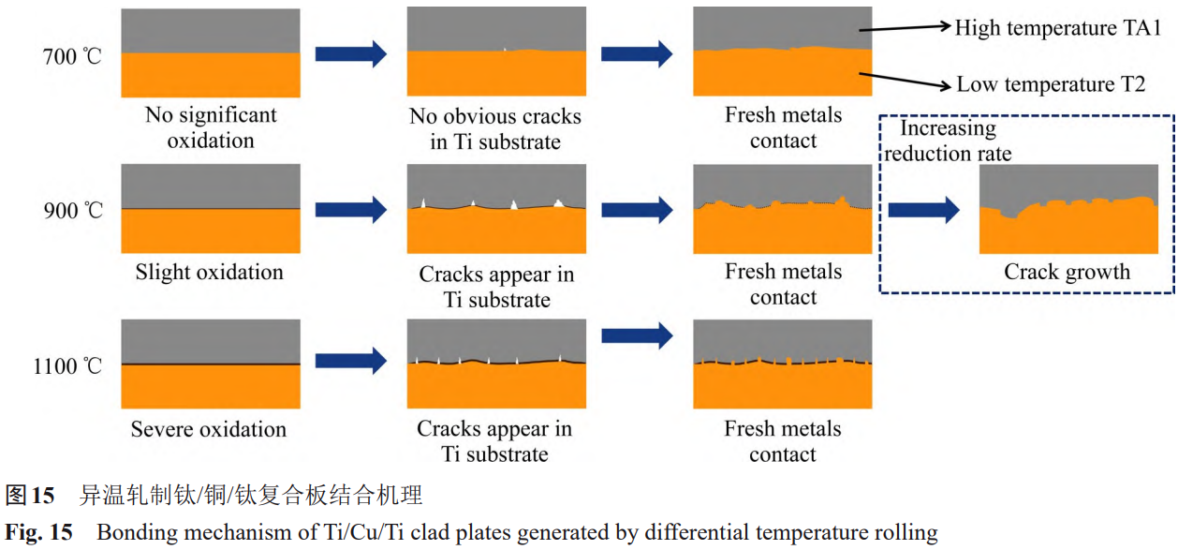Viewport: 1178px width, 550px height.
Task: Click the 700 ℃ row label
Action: [72, 55]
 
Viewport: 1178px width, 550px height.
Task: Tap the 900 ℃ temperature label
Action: [72, 210]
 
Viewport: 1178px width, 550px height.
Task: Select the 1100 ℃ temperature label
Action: [66, 365]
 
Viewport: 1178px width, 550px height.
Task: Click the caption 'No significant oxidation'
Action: [211, 128]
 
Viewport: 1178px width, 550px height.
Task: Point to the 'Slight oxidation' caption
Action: [209, 273]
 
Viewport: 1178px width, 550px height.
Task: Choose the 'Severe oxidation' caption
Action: [209, 430]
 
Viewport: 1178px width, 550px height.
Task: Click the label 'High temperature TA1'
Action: [1057, 28]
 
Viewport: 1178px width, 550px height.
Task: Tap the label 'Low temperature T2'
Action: [1051, 84]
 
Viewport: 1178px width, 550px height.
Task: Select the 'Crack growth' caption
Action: [1067, 273]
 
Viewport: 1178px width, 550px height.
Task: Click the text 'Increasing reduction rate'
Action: [948, 141]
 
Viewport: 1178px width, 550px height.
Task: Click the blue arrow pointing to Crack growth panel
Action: [923, 210]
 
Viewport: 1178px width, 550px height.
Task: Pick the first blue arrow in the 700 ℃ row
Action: [350, 54]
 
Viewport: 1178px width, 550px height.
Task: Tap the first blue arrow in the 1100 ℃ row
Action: [350, 360]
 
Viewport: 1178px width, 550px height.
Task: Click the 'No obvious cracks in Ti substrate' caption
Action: [495, 129]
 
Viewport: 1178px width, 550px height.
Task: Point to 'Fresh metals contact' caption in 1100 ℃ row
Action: [783, 441]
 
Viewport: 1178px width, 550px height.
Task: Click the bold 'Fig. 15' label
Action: [39, 533]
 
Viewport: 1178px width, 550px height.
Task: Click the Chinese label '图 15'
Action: [30, 495]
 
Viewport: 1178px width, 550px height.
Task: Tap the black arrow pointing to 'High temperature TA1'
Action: [904, 30]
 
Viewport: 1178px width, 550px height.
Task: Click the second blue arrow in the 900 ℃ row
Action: [637, 210]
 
